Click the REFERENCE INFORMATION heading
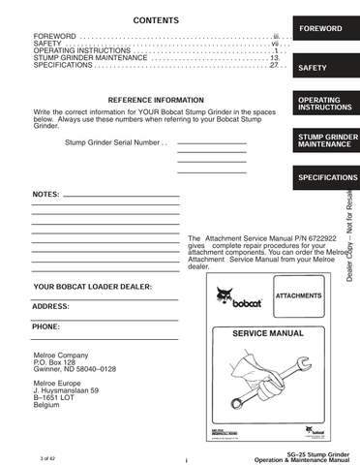pos(156,101)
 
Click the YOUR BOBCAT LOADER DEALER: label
pos(93,288)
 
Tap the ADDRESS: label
pos(50,306)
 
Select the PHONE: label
pos(46,326)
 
